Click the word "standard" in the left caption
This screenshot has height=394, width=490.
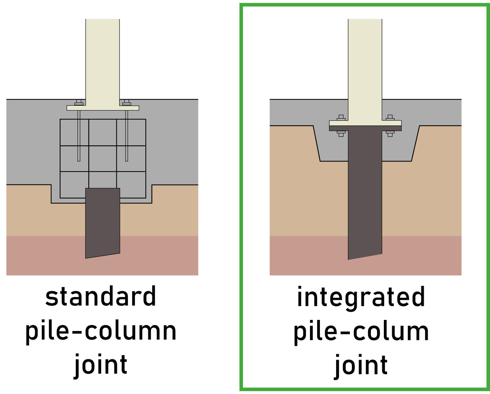click(101, 297)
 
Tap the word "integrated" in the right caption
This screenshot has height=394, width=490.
click(361, 297)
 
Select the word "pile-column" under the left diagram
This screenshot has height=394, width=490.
click(101, 331)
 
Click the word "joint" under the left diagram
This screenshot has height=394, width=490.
click(101, 365)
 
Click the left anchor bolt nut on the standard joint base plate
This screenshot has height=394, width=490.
click(79, 103)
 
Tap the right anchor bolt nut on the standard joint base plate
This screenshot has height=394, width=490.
click(127, 103)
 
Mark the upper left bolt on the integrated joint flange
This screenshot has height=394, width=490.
click(341, 118)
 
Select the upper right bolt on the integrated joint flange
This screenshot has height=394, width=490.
click(390, 118)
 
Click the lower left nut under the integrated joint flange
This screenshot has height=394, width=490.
click(341, 133)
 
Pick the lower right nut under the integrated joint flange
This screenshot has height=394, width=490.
click(390, 133)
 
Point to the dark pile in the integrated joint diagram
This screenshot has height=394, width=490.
click(365, 197)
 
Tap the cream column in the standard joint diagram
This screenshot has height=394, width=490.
click(103, 59)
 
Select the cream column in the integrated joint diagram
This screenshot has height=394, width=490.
click(365, 59)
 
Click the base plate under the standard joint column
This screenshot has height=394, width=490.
click(103, 108)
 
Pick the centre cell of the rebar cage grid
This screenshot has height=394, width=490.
click(103, 159)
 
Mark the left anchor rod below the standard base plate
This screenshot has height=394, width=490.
click(79, 136)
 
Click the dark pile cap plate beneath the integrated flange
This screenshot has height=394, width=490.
click(365, 128)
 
